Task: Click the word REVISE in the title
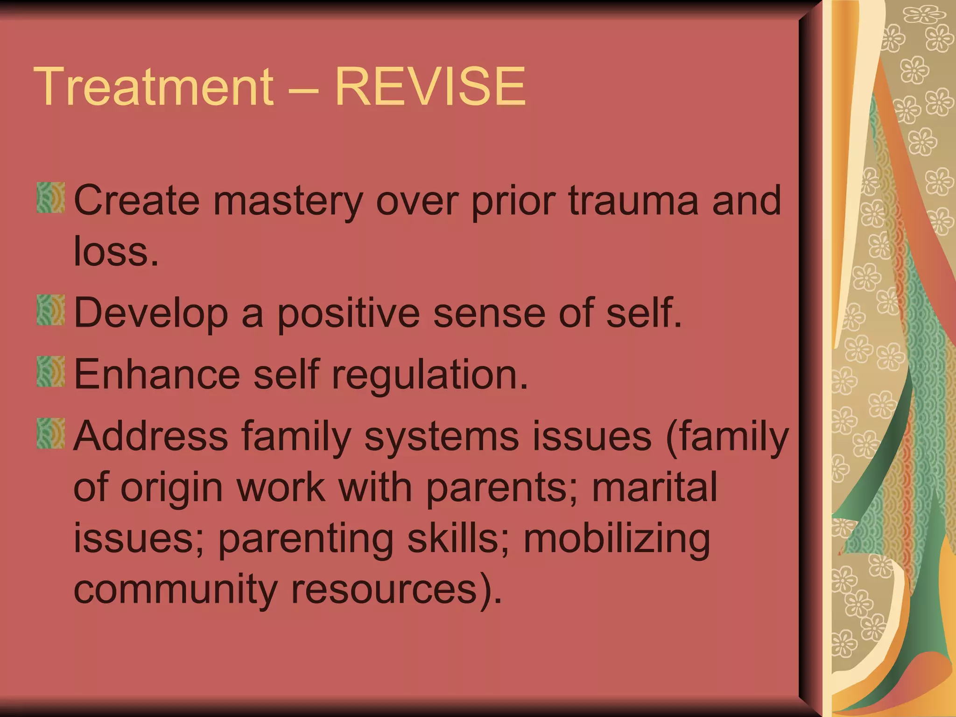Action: point(430,87)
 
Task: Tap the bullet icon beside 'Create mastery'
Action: point(50,198)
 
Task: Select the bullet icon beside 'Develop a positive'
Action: point(50,310)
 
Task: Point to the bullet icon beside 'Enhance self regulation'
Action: point(50,372)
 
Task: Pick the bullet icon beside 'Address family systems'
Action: point(50,434)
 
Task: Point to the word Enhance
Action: point(157,374)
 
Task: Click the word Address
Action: point(151,436)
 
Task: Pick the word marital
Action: point(654,487)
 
